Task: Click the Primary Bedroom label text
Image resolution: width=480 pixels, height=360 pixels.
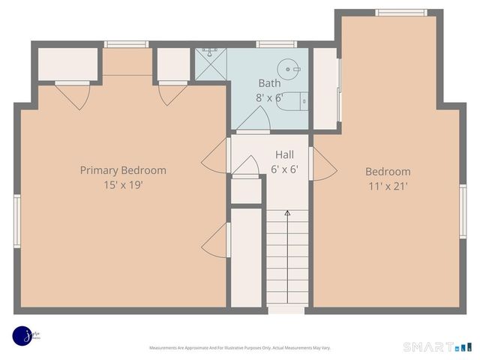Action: (123, 170)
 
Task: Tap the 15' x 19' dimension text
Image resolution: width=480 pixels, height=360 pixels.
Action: (123, 184)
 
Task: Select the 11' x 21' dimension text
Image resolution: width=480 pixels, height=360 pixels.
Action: (388, 186)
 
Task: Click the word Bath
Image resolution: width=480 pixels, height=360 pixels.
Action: (269, 82)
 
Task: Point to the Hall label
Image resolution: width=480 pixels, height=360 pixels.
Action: (284, 154)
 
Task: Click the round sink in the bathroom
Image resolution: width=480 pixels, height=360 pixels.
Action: (288, 68)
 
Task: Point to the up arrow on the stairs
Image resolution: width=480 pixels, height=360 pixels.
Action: (287, 214)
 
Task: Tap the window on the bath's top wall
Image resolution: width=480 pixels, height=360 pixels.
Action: (271, 44)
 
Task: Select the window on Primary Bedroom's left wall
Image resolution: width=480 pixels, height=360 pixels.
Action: (16, 220)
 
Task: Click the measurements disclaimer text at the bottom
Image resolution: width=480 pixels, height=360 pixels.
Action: (239, 348)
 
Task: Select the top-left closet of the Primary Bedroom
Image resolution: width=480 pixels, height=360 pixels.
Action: (68, 64)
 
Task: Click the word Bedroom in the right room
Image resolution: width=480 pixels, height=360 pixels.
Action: (388, 171)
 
